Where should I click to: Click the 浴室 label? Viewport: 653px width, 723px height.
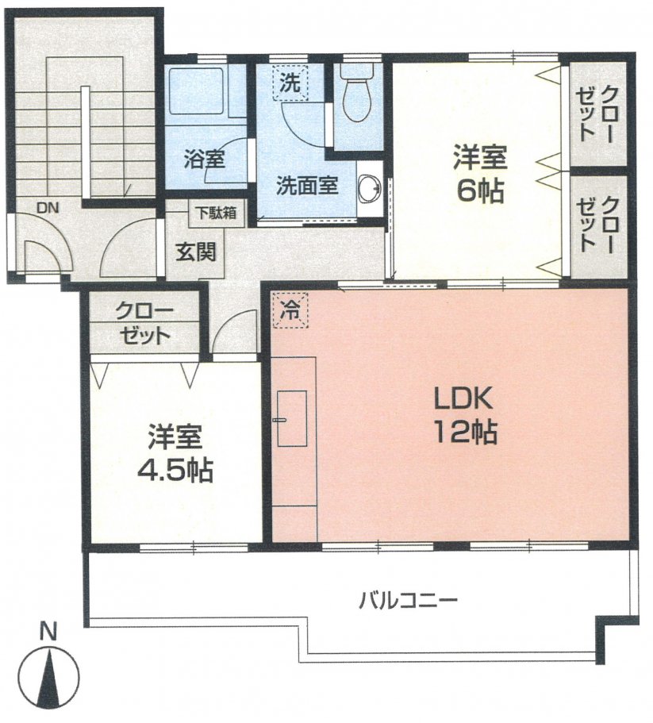click(x=205, y=158)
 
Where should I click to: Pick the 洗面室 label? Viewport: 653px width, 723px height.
click(x=308, y=186)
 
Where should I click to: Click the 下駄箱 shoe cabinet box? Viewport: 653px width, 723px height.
click(x=217, y=213)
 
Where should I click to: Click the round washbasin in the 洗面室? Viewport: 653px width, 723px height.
click(x=369, y=188)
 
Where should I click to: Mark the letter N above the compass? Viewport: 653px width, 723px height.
click(x=49, y=633)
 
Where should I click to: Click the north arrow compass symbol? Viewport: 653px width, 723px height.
click(x=49, y=674)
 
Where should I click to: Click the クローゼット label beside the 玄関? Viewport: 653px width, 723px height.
click(x=144, y=322)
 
